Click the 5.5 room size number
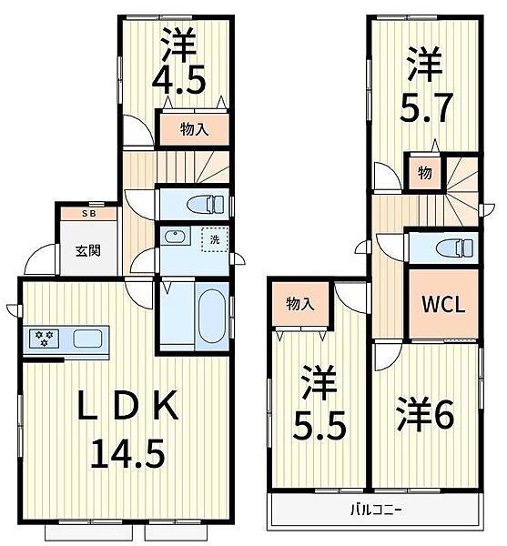coord(318,426)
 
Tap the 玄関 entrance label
coord(87,253)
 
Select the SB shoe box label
coord(87,215)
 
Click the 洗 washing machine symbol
coord(215,238)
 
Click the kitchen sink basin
coord(88,339)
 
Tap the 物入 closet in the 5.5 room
coord(299,305)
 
